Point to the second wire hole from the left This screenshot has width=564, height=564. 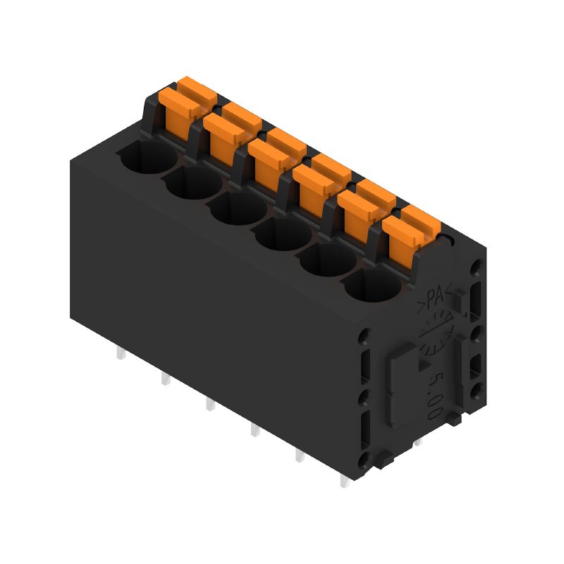tap(192, 183)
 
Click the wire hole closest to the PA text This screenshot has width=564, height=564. tap(371, 286)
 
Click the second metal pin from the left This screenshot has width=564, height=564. tap(164, 379)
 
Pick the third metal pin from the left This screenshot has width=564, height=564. tap(209, 405)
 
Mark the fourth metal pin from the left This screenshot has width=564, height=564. tap(255, 430)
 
